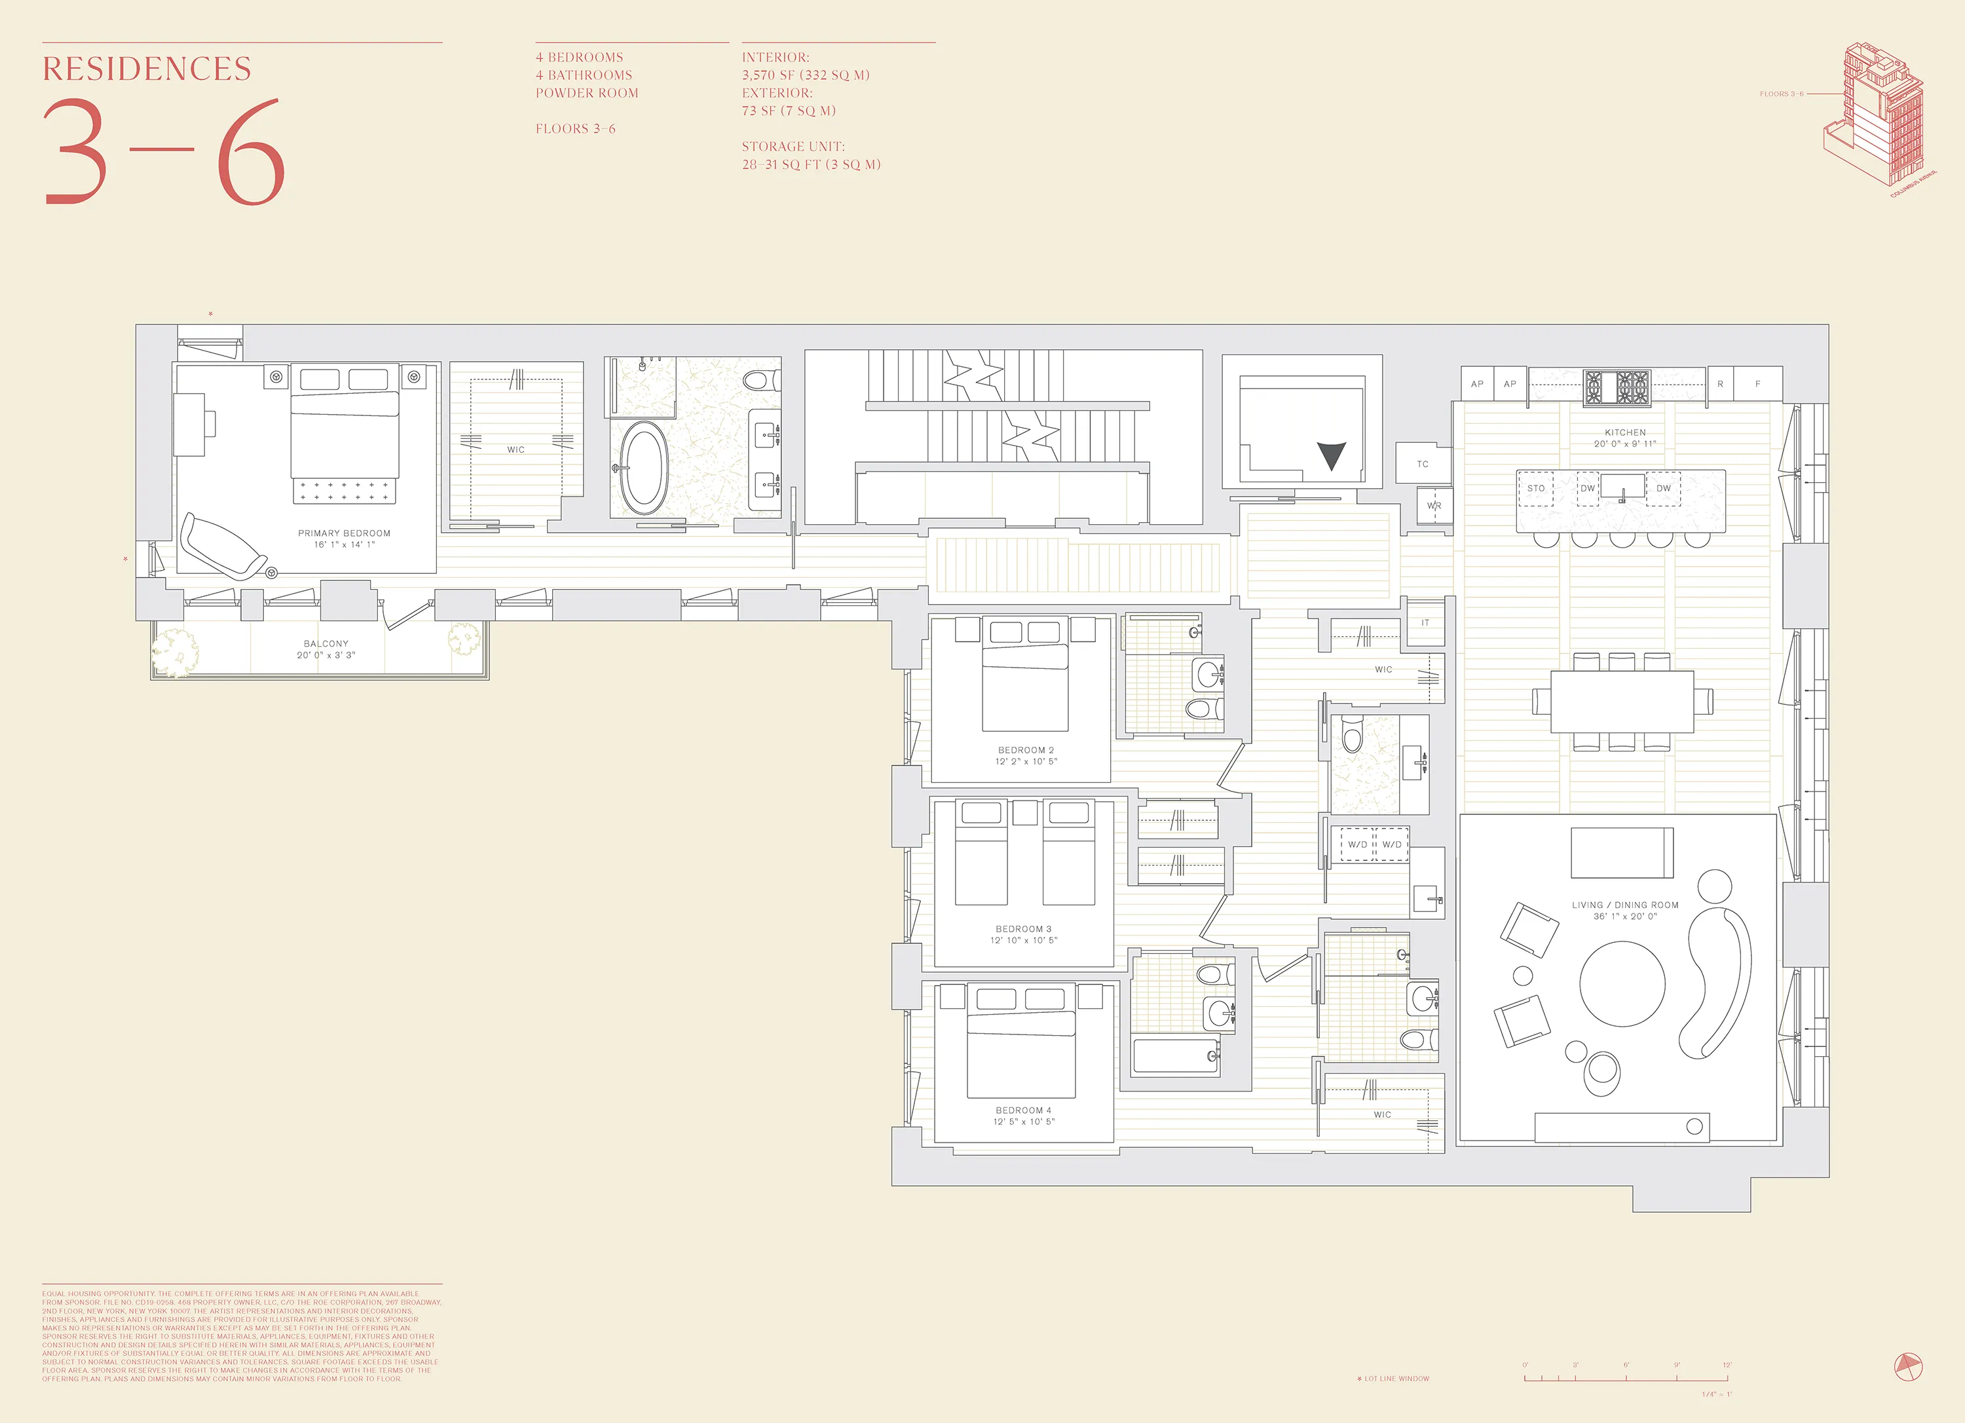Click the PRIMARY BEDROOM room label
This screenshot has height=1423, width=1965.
(344, 533)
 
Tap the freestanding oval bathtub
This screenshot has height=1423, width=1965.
(643, 468)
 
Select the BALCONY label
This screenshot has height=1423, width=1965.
(326, 644)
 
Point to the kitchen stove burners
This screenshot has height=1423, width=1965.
(1617, 387)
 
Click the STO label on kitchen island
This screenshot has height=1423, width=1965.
(1535, 489)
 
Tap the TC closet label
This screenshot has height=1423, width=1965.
(1422, 465)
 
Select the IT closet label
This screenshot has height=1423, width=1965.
(1425, 623)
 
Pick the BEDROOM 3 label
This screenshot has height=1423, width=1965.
(1023, 929)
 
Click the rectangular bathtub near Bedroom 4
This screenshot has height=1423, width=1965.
(1176, 1056)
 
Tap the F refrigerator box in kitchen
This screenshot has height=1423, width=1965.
(1757, 384)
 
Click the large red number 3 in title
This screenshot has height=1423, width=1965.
(76, 153)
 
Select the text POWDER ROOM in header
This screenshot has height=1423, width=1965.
(587, 94)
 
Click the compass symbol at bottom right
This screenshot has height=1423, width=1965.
(1908, 1367)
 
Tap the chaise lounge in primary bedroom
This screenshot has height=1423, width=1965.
(223, 546)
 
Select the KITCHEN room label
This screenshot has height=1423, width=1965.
(1624, 432)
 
